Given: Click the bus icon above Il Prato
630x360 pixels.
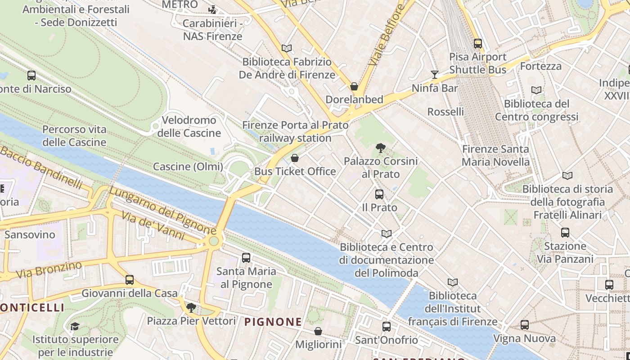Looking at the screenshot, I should pyautogui.click(x=379, y=194).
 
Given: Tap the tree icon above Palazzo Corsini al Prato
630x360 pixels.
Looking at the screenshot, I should pyautogui.click(x=380, y=148).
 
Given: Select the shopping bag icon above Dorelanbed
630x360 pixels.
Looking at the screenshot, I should pyautogui.click(x=354, y=86).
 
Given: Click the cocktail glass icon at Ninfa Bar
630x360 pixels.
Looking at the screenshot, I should pyautogui.click(x=434, y=75).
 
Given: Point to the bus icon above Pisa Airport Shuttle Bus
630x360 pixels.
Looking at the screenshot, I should pyautogui.click(x=477, y=44).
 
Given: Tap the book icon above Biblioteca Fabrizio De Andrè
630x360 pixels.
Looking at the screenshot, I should pyautogui.click(x=287, y=48).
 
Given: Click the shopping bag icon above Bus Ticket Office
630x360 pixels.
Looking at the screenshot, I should pyautogui.click(x=295, y=158).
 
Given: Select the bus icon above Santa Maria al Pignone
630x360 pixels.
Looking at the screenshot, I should pyautogui.click(x=246, y=258).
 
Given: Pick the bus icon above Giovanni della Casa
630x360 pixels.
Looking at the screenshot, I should pyautogui.click(x=130, y=280).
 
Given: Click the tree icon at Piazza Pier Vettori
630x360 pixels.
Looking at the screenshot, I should pyautogui.click(x=191, y=308).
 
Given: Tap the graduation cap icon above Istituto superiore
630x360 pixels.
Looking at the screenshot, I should pyautogui.click(x=75, y=326).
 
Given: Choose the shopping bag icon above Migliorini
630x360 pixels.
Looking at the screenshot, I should pyautogui.click(x=318, y=331).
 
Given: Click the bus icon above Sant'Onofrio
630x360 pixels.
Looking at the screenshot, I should pyautogui.click(x=387, y=327).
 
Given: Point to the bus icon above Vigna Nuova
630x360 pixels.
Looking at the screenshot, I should pyautogui.click(x=524, y=325).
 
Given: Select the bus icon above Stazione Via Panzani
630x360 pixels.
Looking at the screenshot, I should pyautogui.click(x=565, y=233).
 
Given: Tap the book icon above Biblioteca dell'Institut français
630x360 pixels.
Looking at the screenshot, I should pyautogui.click(x=453, y=282).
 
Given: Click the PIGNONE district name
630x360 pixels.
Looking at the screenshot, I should pyautogui.click(x=273, y=322).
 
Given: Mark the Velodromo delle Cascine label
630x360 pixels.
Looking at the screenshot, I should pyautogui.click(x=189, y=126).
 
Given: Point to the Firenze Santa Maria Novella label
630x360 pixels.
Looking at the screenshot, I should pyautogui.click(x=495, y=155).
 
